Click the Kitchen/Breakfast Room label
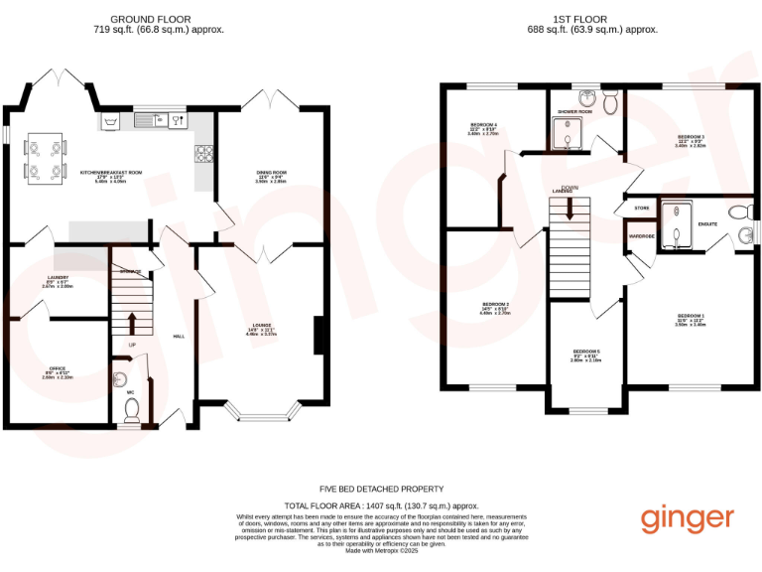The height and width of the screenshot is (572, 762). [111, 173]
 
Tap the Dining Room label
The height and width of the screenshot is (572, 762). [270, 173]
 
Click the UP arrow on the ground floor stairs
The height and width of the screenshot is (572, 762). [131, 322]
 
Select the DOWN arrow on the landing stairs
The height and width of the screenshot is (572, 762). [569, 207]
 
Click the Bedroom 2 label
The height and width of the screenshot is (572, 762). [496, 304]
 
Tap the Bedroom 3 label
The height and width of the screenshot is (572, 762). [691, 136]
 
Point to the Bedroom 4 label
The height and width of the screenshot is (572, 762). [483, 125]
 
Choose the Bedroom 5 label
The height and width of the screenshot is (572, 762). [585, 353]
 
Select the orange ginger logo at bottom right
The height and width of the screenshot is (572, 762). [687, 518]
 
